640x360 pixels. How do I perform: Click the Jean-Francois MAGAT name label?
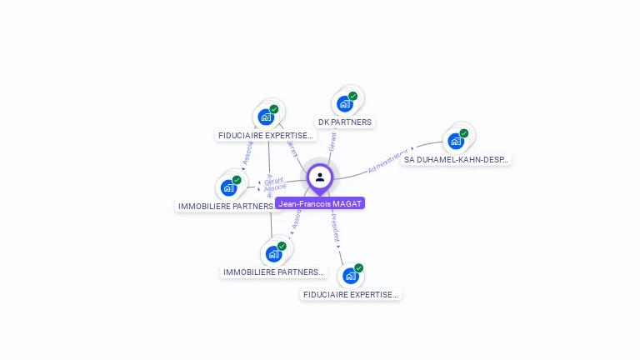[x=320, y=203]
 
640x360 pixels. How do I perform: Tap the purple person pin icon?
[x=320, y=177]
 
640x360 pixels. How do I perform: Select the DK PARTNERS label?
[x=345, y=122]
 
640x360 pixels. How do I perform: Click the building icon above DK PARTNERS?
[x=344, y=104]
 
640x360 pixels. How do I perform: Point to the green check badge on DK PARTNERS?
[x=352, y=97]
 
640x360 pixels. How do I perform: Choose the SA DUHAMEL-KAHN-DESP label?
[x=456, y=159]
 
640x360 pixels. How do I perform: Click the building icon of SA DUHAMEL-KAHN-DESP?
[x=455, y=141]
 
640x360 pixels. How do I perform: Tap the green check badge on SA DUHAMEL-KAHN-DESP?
[x=464, y=133]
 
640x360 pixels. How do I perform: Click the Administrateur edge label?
[x=389, y=160]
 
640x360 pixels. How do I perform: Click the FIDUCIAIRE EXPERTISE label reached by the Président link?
[x=351, y=294]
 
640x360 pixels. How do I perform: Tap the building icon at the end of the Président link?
[x=350, y=276]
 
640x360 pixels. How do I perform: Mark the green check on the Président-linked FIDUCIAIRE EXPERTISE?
[x=358, y=268]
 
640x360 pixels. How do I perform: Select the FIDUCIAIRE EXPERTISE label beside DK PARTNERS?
[x=265, y=135]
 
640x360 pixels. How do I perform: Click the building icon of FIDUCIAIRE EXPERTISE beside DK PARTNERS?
[x=265, y=117]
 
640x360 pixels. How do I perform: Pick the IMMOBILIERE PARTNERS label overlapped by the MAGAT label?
[x=226, y=206]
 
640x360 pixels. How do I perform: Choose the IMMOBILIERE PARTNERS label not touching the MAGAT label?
[x=272, y=272]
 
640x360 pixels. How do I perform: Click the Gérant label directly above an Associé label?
[x=274, y=181]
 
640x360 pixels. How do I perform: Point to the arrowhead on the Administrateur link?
[x=412, y=150]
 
